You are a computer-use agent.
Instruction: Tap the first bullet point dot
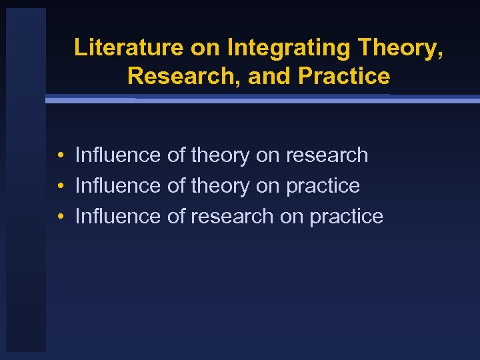(60, 156)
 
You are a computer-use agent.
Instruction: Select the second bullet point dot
(60, 187)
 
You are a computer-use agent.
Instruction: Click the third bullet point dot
(60, 217)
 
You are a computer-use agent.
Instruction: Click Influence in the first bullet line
(118, 155)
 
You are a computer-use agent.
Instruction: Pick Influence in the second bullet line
(118, 186)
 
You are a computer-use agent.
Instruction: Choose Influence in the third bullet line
(118, 217)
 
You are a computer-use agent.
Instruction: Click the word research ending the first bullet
(327, 155)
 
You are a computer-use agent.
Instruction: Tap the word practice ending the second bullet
(323, 186)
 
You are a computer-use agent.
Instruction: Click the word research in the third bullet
(232, 217)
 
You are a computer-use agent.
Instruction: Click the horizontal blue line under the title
(267, 99)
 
